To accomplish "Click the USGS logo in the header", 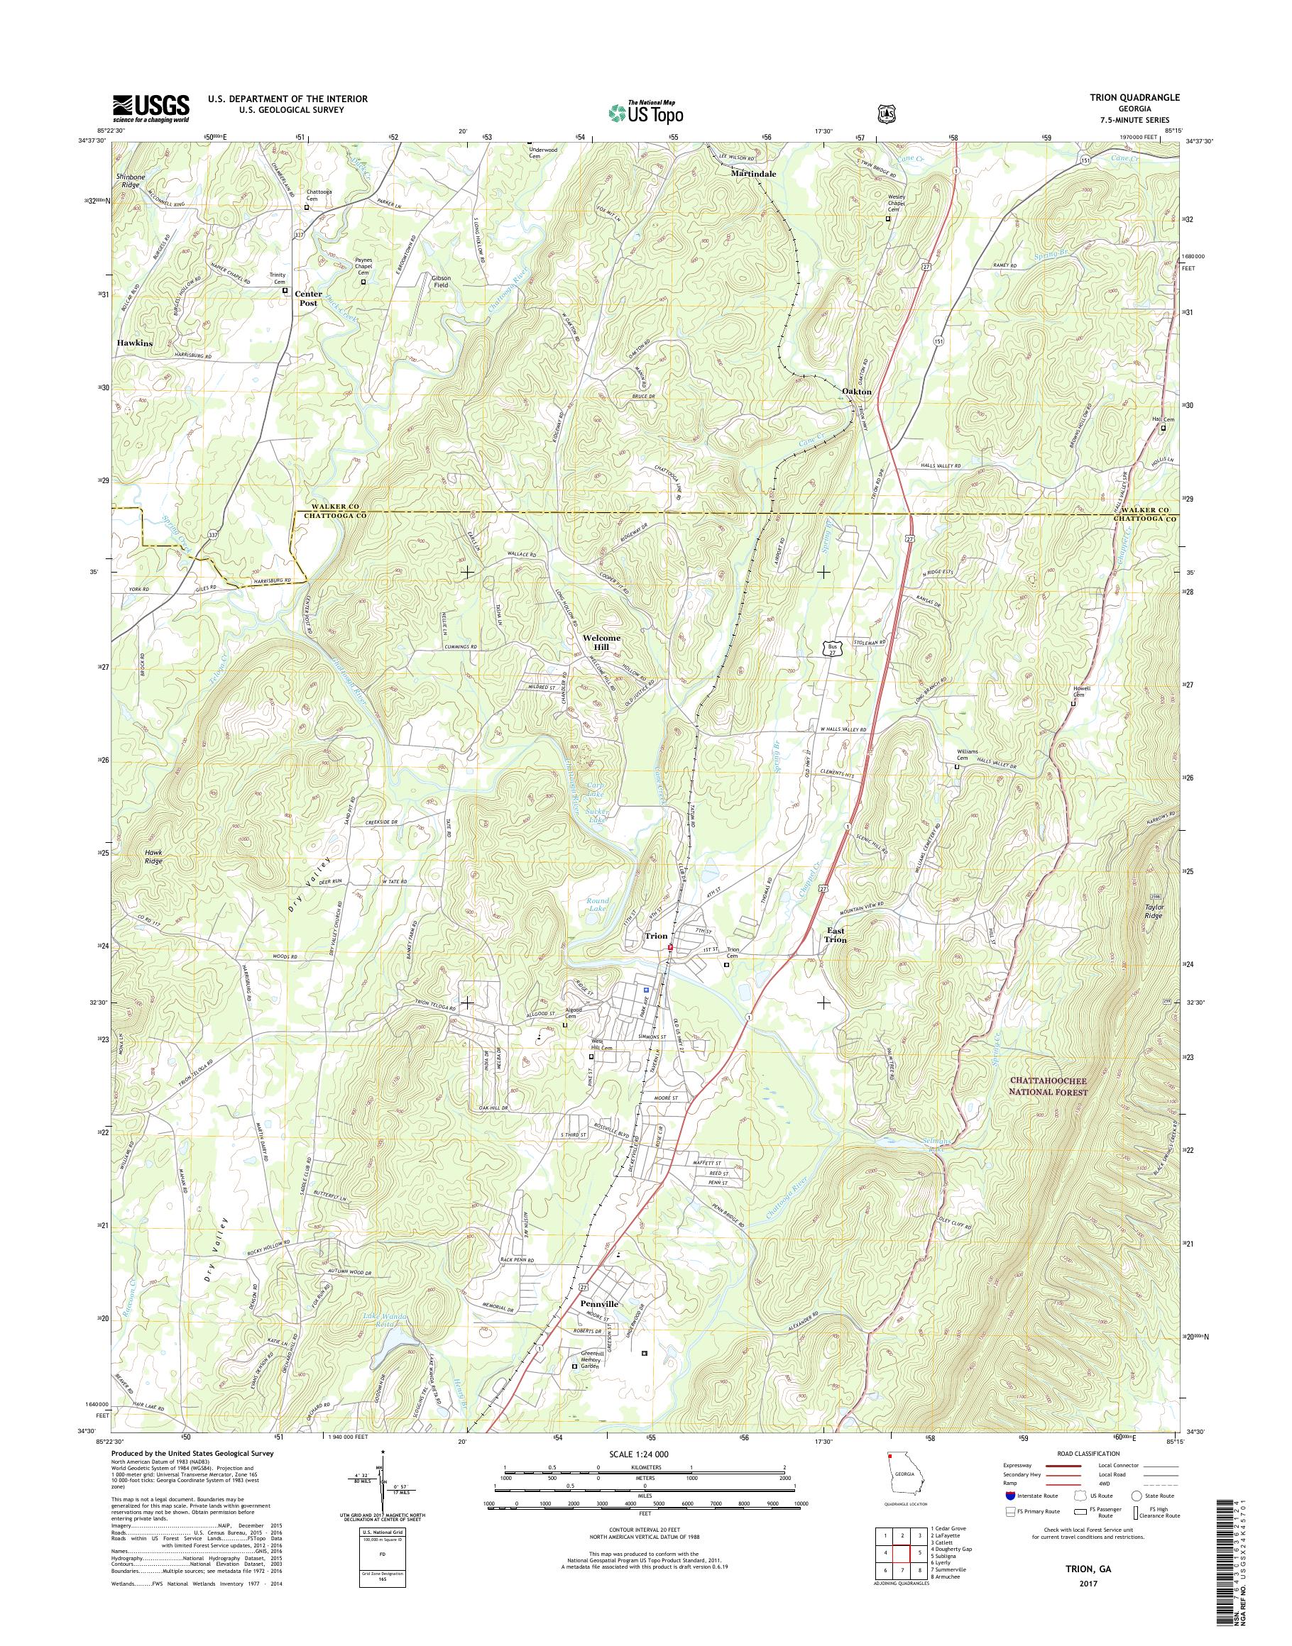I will click(x=150, y=108).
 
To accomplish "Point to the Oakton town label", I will click(x=856, y=392).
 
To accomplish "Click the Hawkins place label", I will click(x=135, y=343).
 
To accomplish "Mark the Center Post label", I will click(x=308, y=298).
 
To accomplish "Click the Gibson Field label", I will click(x=441, y=280).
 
